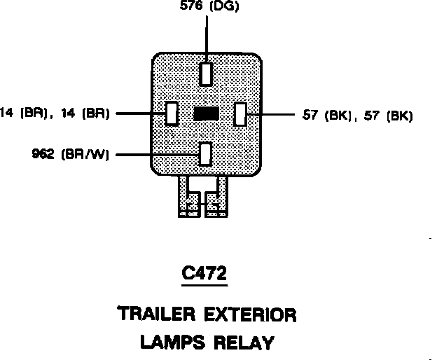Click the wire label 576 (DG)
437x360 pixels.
pyautogui.click(x=207, y=8)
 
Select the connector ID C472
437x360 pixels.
pyautogui.click(x=204, y=275)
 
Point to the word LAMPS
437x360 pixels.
pyautogui.click(x=169, y=342)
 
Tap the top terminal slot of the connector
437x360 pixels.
pyautogui.click(x=206, y=74)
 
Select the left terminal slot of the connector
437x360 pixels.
pyautogui.click(x=171, y=113)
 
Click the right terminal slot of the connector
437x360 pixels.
pyautogui.click(x=240, y=113)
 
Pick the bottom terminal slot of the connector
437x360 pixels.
pyautogui.click(x=205, y=153)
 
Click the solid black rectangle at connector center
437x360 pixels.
pyautogui.click(x=206, y=113)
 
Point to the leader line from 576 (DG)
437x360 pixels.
pyautogui.click(x=207, y=39)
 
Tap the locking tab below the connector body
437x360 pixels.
pyautogui.click(x=204, y=198)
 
